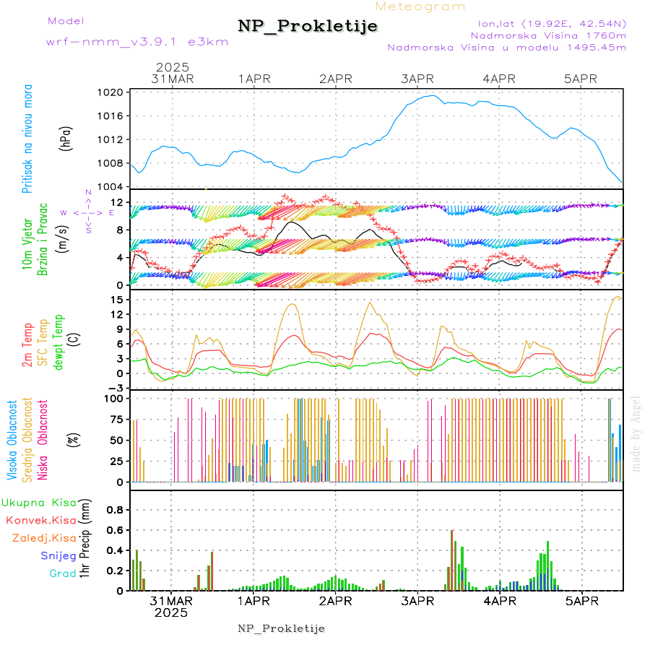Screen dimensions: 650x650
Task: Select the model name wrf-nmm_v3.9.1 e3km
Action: [x=137, y=42]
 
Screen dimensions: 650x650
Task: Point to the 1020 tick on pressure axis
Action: [x=112, y=92]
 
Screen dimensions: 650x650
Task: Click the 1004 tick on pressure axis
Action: [x=112, y=187]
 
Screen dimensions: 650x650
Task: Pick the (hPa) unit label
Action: [x=66, y=139]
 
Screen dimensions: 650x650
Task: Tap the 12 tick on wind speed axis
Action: [x=117, y=202]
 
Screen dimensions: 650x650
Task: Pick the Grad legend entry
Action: [x=62, y=573]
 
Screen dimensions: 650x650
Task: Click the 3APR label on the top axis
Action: [x=417, y=79]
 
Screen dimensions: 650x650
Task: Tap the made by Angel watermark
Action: [x=636, y=434]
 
